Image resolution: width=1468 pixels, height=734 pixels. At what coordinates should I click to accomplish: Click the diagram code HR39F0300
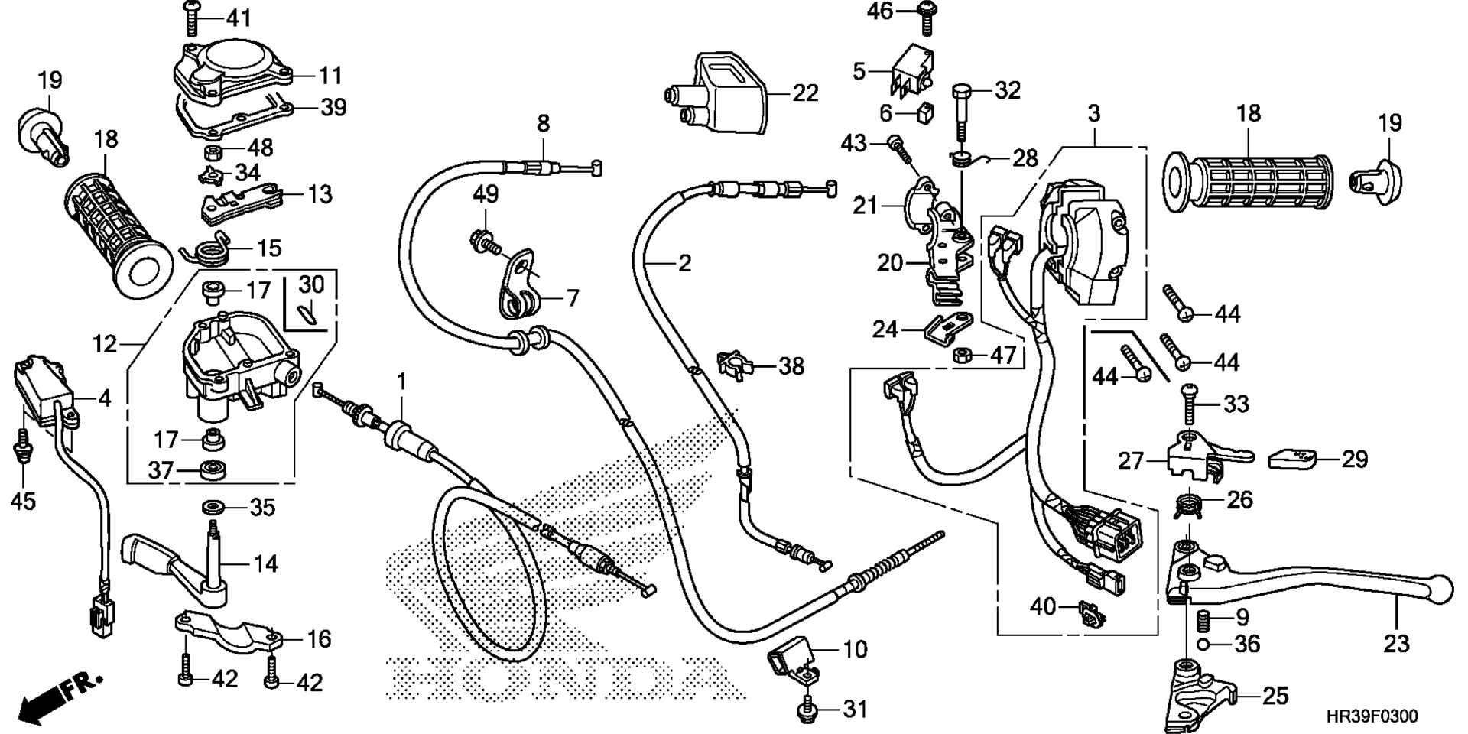[1372, 717]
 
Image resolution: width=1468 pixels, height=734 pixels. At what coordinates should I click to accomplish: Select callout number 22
[805, 93]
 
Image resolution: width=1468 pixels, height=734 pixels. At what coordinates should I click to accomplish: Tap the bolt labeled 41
[190, 19]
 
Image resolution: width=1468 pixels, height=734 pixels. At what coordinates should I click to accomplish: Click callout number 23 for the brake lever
[1396, 645]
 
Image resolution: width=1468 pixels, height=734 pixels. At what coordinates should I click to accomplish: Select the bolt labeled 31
[807, 710]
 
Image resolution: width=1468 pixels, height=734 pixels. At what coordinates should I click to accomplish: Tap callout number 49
[486, 194]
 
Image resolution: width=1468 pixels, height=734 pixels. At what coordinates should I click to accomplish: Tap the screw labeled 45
[22, 446]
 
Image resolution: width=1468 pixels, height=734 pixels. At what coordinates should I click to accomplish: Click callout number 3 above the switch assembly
[1094, 114]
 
